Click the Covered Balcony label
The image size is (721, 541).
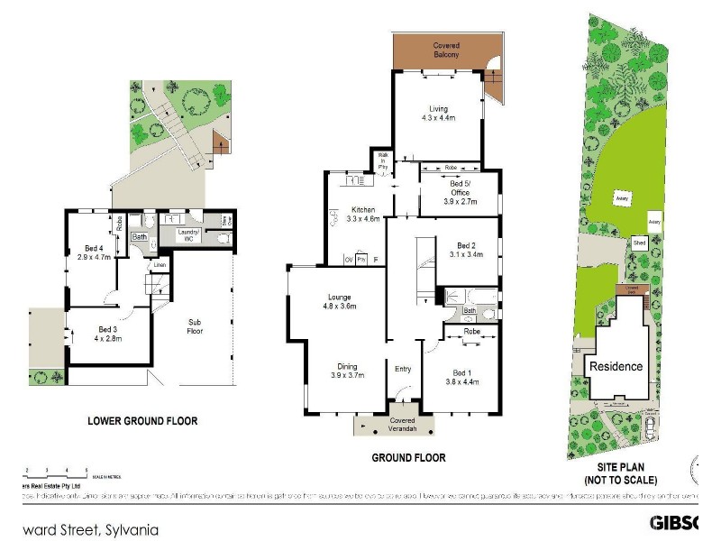click(446, 50)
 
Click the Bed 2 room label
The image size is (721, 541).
click(465, 250)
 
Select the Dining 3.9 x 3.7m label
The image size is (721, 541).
click(349, 371)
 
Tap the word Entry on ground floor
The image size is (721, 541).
click(403, 367)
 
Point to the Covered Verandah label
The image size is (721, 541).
click(402, 425)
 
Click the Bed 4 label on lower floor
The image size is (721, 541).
click(95, 252)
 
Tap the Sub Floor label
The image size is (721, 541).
click(194, 326)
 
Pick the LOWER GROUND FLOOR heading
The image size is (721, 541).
click(142, 420)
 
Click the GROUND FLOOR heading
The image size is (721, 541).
click(408, 458)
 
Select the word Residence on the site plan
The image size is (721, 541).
click(616, 366)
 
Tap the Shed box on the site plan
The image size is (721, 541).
click(639, 243)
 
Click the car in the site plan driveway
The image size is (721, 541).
click(649, 425)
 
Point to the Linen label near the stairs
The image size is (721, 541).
click(158, 265)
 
